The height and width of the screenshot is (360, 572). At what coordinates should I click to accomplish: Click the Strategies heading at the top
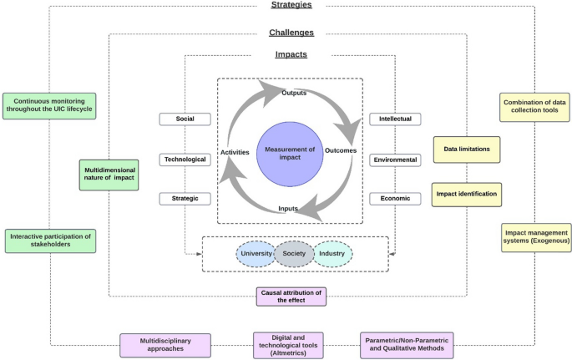(x=291, y=6)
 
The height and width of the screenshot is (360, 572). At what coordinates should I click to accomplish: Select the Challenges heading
(x=291, y=33)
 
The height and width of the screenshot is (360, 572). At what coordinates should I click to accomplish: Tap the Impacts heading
(x=291, y=54)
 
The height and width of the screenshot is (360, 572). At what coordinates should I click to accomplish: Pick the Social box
(x=185, y=119)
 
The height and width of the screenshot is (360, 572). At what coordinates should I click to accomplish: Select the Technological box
(x=185, y=159)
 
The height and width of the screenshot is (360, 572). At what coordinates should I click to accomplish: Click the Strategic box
(x=185, y=199)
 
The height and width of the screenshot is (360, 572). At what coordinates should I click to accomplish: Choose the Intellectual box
(x=395, y=119)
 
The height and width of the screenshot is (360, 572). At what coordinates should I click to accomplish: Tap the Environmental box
(x=395, y=159)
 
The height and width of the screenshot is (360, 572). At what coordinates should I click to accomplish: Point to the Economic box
(x=395, y=199)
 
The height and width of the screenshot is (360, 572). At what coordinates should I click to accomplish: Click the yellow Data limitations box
(x=466, y=149)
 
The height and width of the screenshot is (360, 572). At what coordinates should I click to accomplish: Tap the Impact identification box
(x=466, y=194)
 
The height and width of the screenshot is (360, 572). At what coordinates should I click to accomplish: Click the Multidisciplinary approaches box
(x=165, y=344)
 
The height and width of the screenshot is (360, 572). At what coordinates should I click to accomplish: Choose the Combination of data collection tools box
(x=534, y=106)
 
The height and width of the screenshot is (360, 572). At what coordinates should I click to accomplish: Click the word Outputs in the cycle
(x=293, y=93)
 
